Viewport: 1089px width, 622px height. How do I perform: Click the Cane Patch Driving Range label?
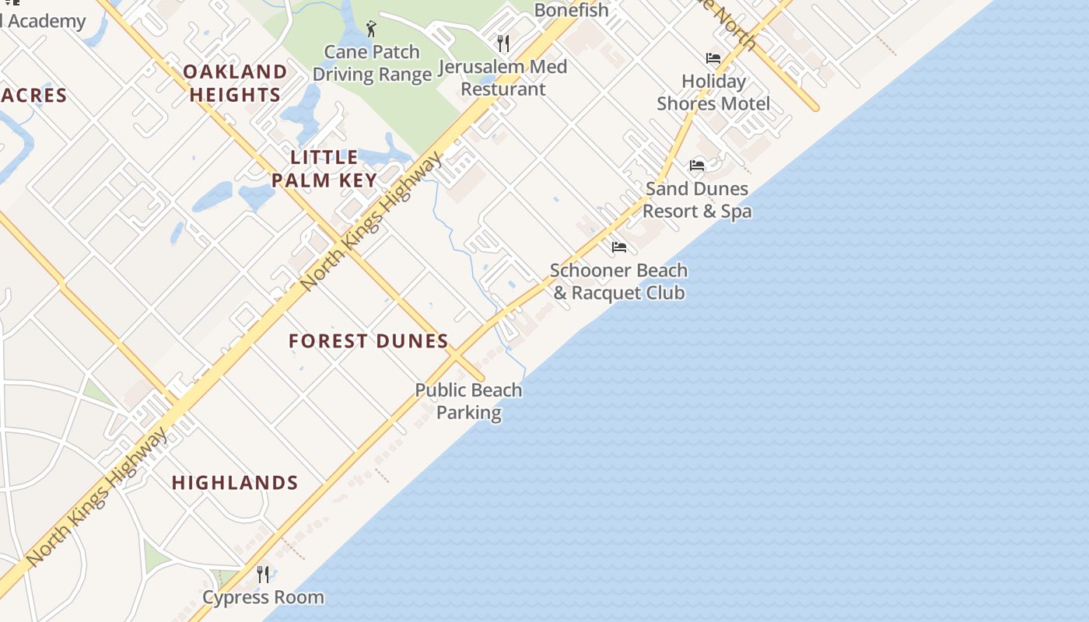[372, 64]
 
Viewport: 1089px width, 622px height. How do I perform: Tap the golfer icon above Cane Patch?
[371, 30]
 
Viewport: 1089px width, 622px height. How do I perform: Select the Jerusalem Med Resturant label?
[503, 78]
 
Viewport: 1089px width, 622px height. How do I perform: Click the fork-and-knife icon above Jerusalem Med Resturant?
[503, 43]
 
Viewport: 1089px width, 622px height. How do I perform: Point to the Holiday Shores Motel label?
[713, 93]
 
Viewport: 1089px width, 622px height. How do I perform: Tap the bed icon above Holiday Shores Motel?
[713, 58]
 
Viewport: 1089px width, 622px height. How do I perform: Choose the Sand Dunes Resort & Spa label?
[697, 200]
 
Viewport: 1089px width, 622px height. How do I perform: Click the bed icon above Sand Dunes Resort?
[697, 166]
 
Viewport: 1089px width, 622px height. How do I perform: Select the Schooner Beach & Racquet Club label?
[619, 281]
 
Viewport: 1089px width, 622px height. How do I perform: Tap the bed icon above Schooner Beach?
[619, 247]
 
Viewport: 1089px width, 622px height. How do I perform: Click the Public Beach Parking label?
[468, 401]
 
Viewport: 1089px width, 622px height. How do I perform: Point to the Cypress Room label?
[263, 597]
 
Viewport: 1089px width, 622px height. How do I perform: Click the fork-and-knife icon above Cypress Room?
[263, 575]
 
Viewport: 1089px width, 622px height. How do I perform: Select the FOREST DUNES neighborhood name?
[369, 341]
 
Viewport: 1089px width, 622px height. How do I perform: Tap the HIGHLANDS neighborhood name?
[235, 483]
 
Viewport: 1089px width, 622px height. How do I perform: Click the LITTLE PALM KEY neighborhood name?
[324, 169]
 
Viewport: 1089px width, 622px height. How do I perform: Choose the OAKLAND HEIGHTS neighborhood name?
[235, 83]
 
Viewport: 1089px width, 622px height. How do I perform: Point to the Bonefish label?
[571, 10]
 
